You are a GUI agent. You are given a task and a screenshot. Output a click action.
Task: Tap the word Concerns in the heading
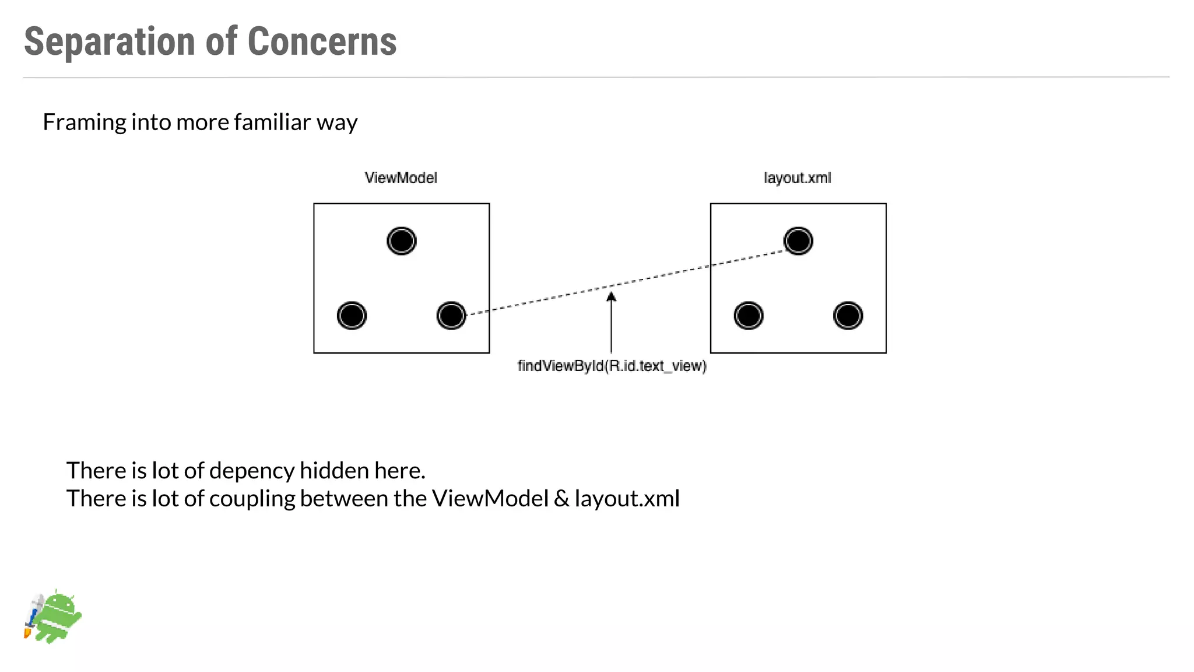[322, 42]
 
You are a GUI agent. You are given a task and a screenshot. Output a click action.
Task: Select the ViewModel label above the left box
[401, 178]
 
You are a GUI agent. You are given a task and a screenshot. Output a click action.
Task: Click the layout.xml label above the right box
[798, 178]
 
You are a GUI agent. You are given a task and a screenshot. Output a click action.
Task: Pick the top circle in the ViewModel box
[402, 241]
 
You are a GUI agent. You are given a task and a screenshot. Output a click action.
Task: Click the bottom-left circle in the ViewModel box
[352, 316]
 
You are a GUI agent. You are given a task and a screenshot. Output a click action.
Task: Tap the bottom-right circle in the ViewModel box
[451, 316]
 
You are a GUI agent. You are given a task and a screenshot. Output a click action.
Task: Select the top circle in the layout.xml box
[798, 241]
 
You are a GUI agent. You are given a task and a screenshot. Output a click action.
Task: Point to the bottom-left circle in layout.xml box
[749, 316]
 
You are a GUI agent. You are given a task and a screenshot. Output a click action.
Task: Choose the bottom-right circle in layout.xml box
[848, 316]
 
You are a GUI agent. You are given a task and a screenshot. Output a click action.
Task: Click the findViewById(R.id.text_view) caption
[612, 366]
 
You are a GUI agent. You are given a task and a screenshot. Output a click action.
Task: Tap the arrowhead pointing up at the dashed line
[611, 297]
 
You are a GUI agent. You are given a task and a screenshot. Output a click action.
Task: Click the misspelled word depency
[252, 471]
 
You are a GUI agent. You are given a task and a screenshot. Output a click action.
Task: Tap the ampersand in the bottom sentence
[561, 499]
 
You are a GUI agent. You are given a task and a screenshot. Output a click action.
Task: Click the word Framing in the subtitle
[84, 123]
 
